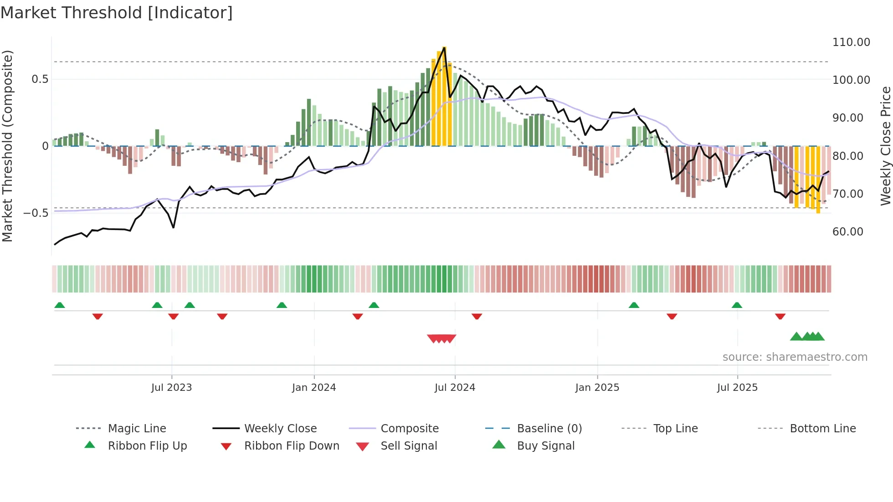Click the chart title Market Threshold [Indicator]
(117, 13)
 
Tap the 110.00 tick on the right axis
(851, 42)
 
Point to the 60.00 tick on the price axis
(847, 232)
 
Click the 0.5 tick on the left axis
(40, 79)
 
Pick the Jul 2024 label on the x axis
(455, 388)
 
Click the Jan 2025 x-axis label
(597, 388)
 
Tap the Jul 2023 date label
(171, 388)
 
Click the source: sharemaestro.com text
(795, 357)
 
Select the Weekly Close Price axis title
(885, 146)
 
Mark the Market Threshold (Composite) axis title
(7, 146)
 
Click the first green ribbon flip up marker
(60, 305)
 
